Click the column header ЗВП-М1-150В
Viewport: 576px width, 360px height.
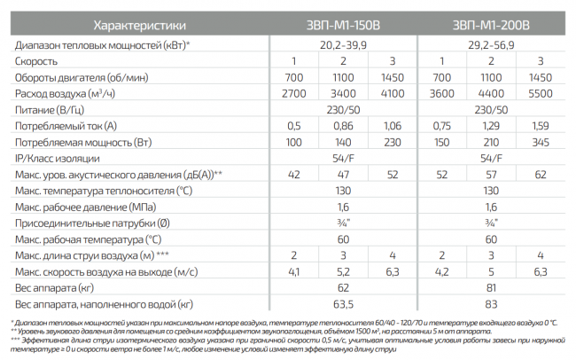click(343, 25)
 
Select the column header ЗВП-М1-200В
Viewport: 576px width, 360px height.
click(491, 25)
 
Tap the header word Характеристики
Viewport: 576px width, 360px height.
click(140, 25)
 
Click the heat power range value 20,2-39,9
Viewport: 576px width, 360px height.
click(343, 45)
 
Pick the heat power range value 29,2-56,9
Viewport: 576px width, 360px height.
click(491, 45)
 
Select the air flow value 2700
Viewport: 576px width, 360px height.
click(294, 94)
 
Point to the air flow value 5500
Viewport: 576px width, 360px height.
click(541, 94)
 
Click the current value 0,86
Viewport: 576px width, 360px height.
click(343, 126)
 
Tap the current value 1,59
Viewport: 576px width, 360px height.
click(541, 126)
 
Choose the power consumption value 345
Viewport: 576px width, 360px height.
click(541, 142)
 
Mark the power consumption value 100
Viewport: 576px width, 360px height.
click(294, 142)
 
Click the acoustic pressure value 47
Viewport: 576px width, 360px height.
click(343, 175)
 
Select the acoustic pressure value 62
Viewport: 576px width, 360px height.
click(541, 175)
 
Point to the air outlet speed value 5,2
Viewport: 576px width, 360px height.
click(343, 272)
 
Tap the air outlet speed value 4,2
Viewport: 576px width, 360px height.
click(442, 272)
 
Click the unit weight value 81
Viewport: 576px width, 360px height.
click(491, 288)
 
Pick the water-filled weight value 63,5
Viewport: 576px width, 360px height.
click(343, 304)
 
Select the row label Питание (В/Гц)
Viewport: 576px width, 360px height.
click(50, 110)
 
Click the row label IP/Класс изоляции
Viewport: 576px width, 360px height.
click(58, 159)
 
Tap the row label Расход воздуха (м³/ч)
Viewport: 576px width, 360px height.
click(65, 94)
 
